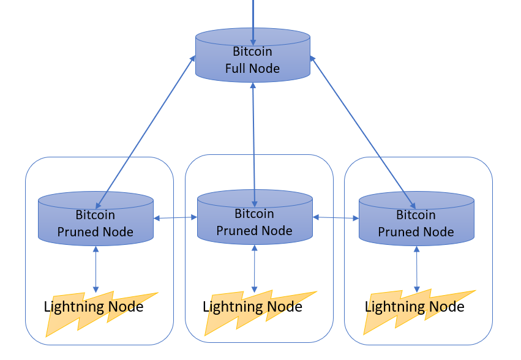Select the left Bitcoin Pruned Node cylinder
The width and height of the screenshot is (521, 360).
click(x=96, y=223)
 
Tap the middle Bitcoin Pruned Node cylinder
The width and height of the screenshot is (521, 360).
click(x=254, y=222)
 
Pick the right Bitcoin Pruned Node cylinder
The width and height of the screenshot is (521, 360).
click(x=416, y=223)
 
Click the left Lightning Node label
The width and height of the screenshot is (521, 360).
click(x=94, y=307)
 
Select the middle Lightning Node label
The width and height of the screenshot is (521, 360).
click(x=252, y=307)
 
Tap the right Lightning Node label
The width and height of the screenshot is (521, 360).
click(x=414, y=307)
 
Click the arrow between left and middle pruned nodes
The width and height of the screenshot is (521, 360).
click(x=175, y=217)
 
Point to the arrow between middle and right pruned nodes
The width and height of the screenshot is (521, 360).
click(x=335, y=217)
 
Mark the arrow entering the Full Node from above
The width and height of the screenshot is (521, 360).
click(x=252, y=15)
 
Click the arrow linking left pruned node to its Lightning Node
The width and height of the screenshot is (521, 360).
click(x=96, y=269)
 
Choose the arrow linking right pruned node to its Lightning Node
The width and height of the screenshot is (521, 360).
click(x=417, y=269)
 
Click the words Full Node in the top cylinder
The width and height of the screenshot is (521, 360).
click(x=252, y=69)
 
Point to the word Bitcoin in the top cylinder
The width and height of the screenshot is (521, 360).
click(x=252, y=51)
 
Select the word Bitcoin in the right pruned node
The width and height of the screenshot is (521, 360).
click(x=416, y=215)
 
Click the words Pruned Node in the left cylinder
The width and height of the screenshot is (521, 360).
click(x=96, y=232)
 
